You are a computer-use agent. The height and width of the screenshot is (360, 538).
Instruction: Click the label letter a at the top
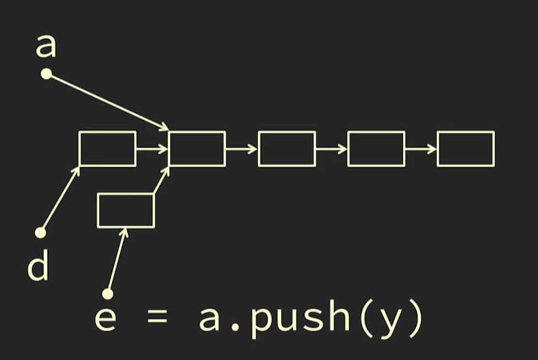pyautogui.click(x=46, y=46)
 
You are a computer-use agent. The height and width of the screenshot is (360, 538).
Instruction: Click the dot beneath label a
pyautogui.click(x=46, y=74)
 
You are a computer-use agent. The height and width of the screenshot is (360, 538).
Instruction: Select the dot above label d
pyautogui.click(x=41, y=233)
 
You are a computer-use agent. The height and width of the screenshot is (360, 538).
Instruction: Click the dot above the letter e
pyautogui.click(x=108, y=294)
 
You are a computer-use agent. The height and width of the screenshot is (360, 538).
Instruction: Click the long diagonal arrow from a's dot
pyautogui.click(x=107, y=102)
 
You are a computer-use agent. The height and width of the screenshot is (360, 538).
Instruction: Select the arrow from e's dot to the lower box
pyautogui.click(x=117, y=260)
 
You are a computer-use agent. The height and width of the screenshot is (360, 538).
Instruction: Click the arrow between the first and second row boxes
pyautogui.click(x=153, y=149)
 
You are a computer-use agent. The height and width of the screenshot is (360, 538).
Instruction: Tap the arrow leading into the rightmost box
pyautogui.click(x=421, y=149)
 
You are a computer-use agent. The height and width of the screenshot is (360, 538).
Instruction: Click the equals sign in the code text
pyautogui.click(x=157, y=318)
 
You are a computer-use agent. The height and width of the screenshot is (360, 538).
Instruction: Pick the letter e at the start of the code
pyautogui.click(x=105, y=319)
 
